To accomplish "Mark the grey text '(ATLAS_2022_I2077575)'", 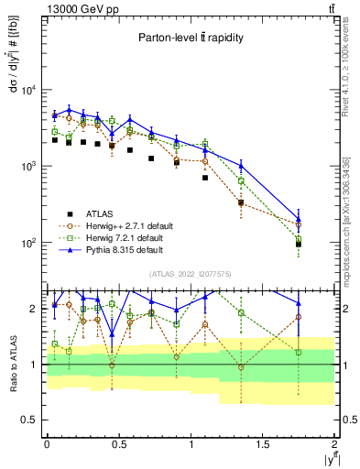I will (190, 274).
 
